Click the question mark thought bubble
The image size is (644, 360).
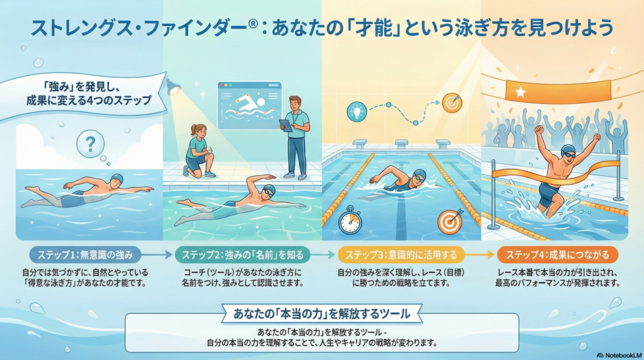coord(91,144)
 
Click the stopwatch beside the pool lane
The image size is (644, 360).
coord(350,220)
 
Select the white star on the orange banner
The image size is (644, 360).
coord(520,92)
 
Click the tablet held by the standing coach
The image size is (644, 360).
coord(286,125)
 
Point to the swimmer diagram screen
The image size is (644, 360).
coord(249,105)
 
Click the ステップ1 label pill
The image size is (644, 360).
coord(86,255)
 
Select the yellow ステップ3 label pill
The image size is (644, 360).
coord(401,255)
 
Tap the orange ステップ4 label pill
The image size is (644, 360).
coord(557,255)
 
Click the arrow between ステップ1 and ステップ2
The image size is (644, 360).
coord(157,255)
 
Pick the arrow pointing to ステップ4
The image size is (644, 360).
coord(480,255)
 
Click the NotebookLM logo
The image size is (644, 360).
coord(619,355)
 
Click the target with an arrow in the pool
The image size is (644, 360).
coord(450,221)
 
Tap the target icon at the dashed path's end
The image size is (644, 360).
coord(452,103)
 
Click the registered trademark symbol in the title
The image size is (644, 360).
coord(253,24)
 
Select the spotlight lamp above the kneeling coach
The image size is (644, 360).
coord(174,87)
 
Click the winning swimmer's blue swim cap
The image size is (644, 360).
coord(568,149)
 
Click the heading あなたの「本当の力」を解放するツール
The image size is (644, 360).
coord(321,314)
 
